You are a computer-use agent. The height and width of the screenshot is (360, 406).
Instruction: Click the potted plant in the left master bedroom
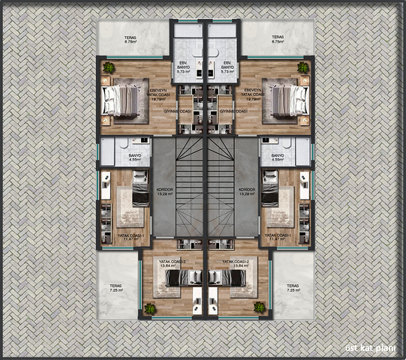click(x=109, y=68)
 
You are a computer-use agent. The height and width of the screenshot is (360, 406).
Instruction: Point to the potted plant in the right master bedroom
click(x=302, y=68)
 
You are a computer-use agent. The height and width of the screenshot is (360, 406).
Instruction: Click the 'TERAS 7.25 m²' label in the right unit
click(x=292, y=289)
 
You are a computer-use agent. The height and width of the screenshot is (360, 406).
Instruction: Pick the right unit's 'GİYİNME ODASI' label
click(x=234, y=111)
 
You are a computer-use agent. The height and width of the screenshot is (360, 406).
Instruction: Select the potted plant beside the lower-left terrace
click(x=150, y=307)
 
